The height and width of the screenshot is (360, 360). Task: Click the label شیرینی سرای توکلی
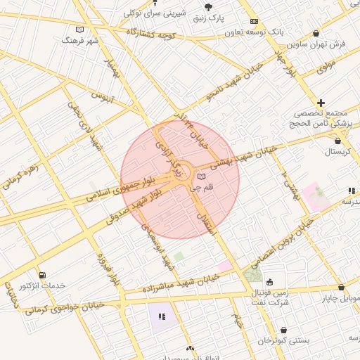coord(146,12)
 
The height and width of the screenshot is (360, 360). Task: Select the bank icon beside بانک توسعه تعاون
coord(254,22)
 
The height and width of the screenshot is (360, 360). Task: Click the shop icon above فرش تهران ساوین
coord(316,33)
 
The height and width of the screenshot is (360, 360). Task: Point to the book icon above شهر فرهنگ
coord(79,30)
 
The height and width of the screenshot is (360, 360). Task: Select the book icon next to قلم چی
coord(202,176)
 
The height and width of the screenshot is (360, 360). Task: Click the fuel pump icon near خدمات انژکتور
coord(44,274)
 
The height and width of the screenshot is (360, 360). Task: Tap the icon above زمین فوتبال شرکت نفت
coord(269,282)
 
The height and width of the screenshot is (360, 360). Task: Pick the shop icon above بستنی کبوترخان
coord(283,329)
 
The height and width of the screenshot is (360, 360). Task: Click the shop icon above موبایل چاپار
coord(342,288)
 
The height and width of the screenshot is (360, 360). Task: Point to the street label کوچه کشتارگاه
coord(150,34)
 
